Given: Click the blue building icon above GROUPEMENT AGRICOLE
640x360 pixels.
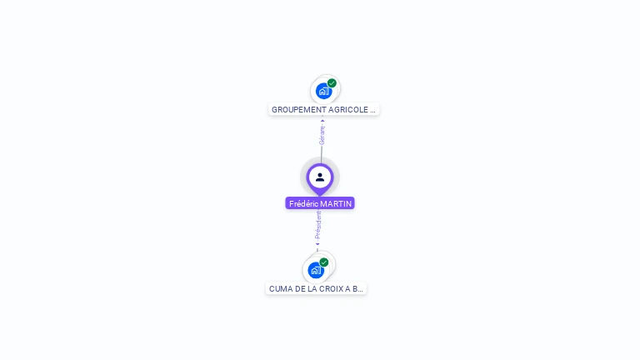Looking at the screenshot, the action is coord(323,91).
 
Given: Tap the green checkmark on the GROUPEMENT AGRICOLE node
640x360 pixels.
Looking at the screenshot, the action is coord(332,83).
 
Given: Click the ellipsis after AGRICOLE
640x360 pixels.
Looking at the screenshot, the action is coord(372,110).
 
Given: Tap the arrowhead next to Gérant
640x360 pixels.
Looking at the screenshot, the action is coord(322,120).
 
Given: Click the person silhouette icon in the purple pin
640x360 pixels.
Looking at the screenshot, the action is coord(320,177).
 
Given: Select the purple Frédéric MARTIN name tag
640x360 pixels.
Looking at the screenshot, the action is coord(320,203).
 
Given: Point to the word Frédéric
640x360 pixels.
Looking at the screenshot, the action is coord(303,203).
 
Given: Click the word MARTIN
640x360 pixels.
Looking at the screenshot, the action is coord(337,203).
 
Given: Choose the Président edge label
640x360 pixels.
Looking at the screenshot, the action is coord(318,225).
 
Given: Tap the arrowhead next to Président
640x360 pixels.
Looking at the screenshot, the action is coord(317,245).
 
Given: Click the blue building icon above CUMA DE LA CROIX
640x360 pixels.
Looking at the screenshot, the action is coord(315,270).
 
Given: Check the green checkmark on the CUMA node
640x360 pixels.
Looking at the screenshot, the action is coord(324,262).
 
